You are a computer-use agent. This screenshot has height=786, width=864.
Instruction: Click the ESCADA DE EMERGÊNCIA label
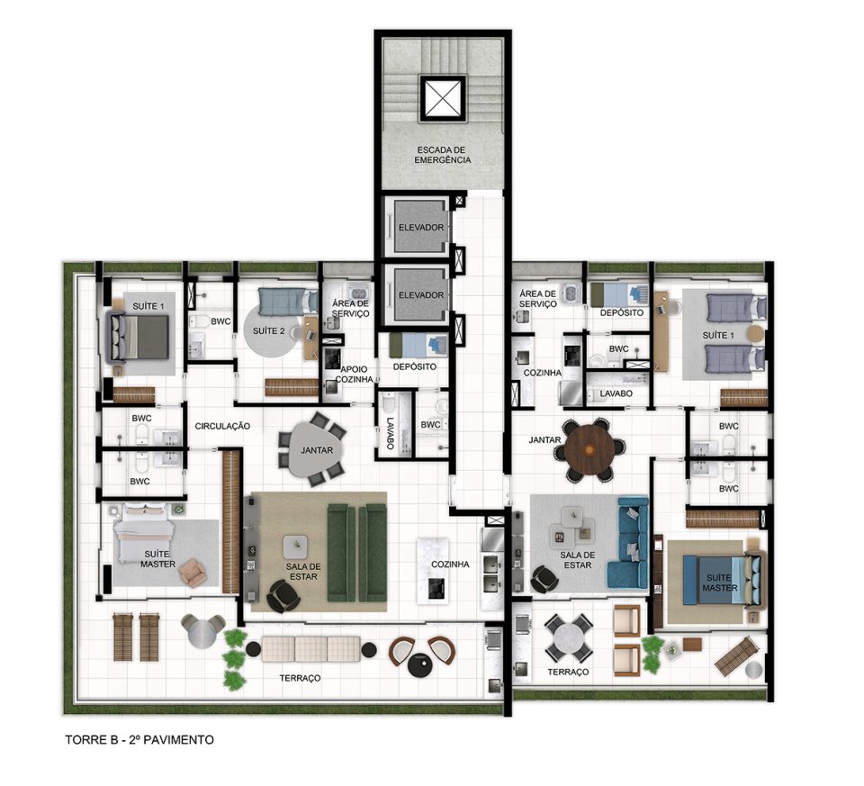click(443, 155)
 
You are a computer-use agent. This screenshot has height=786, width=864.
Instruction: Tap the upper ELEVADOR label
click(421, 227)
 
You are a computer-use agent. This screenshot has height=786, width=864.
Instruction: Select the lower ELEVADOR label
click(421, 295)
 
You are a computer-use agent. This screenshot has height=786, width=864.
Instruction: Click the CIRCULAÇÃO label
click(222, 426)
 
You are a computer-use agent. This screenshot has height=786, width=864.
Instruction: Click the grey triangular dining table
click(317, 449)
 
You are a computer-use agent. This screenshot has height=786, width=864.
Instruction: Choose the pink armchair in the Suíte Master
click(193, 572)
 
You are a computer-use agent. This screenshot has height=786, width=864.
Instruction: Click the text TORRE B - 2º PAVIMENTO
click(139, 740)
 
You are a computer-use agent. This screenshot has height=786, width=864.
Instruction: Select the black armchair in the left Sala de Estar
click(283, 597)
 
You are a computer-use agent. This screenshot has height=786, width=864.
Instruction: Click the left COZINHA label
click(450, 565)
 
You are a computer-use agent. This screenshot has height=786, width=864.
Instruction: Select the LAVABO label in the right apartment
click(616, 393)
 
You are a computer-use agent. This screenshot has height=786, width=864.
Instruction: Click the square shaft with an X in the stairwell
click(444, 98)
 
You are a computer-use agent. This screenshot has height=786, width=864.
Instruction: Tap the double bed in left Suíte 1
click(138, 336)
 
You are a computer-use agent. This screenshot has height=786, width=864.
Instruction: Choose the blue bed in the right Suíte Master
click(721, 581)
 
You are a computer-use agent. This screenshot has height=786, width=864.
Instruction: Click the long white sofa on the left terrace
click(310, 649)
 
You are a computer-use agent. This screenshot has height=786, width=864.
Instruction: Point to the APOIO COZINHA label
click(354, 375)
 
